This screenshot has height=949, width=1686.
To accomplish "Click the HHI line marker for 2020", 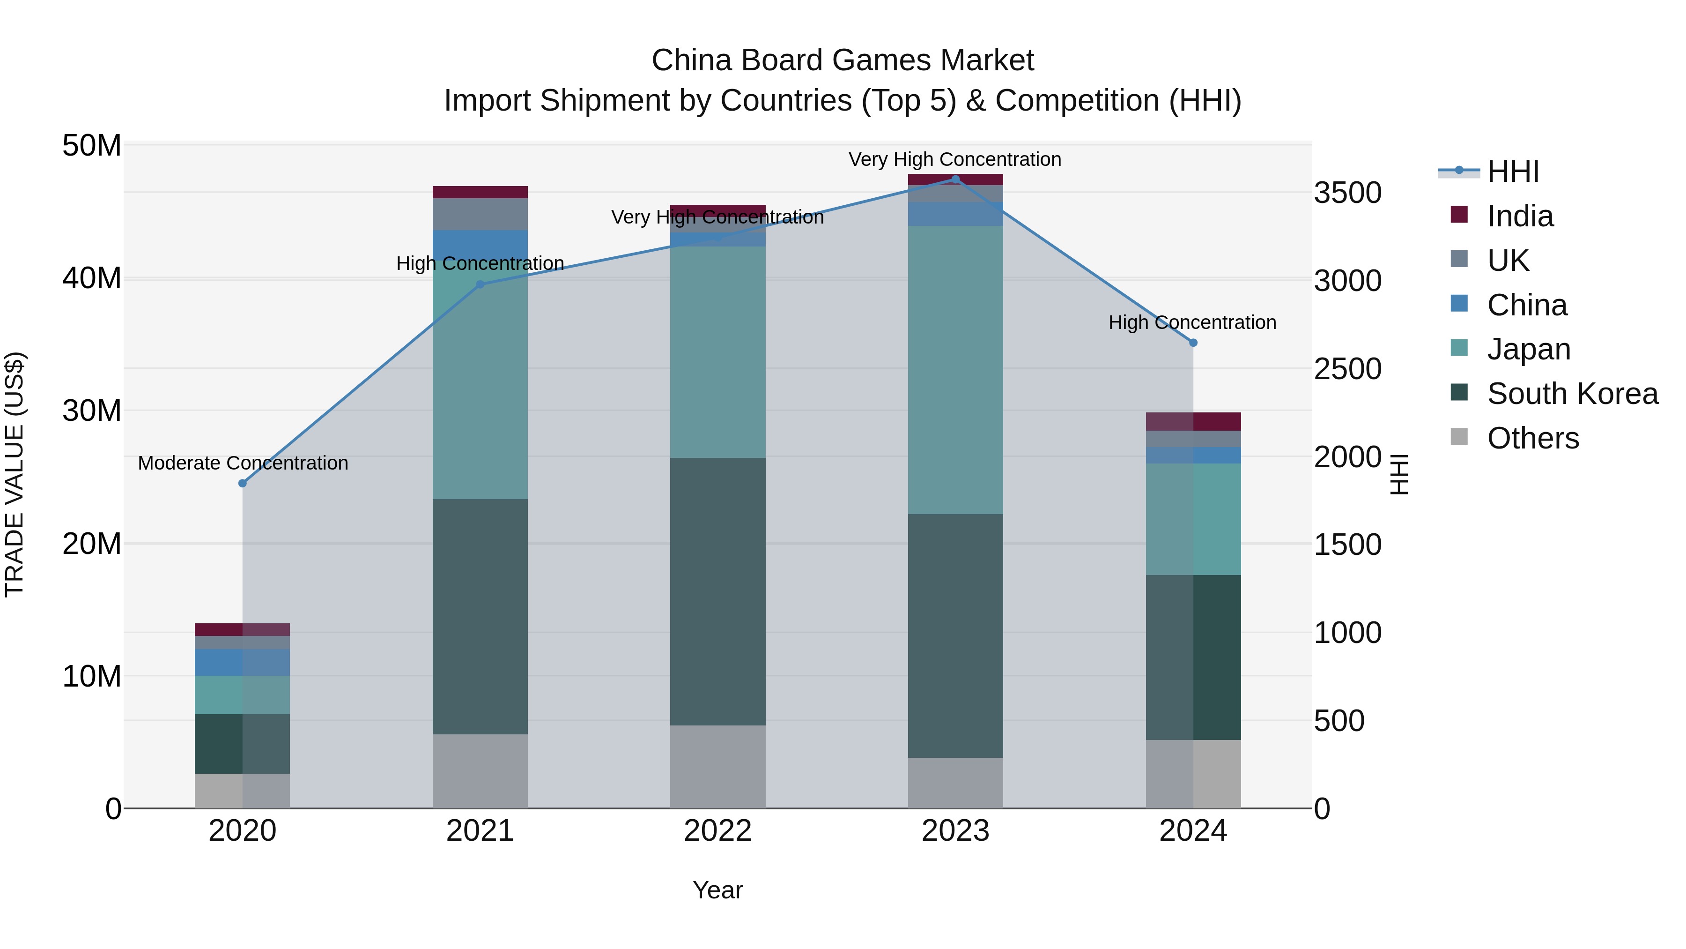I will (242, 483).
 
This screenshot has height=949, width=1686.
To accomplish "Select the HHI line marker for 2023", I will (955, 179).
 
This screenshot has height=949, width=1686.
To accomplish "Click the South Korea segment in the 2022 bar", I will (717, 591).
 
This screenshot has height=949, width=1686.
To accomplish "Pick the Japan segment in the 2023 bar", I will (955, 370).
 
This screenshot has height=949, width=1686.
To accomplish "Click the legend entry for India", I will (1519, 216).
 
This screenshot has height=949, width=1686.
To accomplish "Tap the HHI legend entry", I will (1513, 172).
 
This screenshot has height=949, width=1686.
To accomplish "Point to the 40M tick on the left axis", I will (92, 278).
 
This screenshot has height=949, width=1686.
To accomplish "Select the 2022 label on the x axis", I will (717, 831).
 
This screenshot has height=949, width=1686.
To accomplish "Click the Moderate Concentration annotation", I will (243, 463).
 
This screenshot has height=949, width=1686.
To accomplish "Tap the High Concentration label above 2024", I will (1192, 322).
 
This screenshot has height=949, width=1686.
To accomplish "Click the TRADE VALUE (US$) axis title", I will (15, 474).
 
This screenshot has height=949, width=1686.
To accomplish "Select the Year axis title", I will (717, 890).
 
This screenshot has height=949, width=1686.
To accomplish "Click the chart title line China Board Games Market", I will (843, 60).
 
